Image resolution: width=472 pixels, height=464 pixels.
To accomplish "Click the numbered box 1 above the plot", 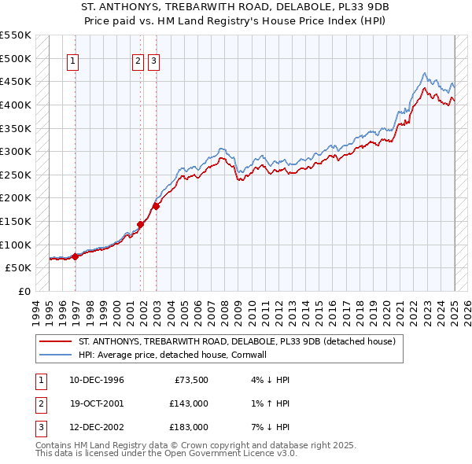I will pyautogui.click(x=73, y=62).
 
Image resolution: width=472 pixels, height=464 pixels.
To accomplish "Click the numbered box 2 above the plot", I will pyautogui.click(x=138, y=62).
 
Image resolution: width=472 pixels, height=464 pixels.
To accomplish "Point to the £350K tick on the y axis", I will pyautogui.click(x=16, y=127).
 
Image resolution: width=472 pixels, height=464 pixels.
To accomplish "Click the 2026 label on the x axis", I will pyautogui.click(x=468, y=310).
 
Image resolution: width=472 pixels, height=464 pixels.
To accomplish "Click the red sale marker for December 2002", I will pyautogui.click(x=156, y=206).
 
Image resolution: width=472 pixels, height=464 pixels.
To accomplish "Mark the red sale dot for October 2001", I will pyautogui.click(x=141, y=224).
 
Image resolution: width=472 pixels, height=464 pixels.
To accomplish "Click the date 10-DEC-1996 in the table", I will pyautogui.click(x=96, y=380).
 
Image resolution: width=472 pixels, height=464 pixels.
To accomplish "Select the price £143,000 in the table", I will pyautogui.click(x=189, y=403).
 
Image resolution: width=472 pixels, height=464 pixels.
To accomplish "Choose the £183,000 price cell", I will pyautogui.click(x=189, y=427).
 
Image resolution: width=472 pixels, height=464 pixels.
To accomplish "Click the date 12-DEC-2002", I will pyautogui.click(x=96, y=427).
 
